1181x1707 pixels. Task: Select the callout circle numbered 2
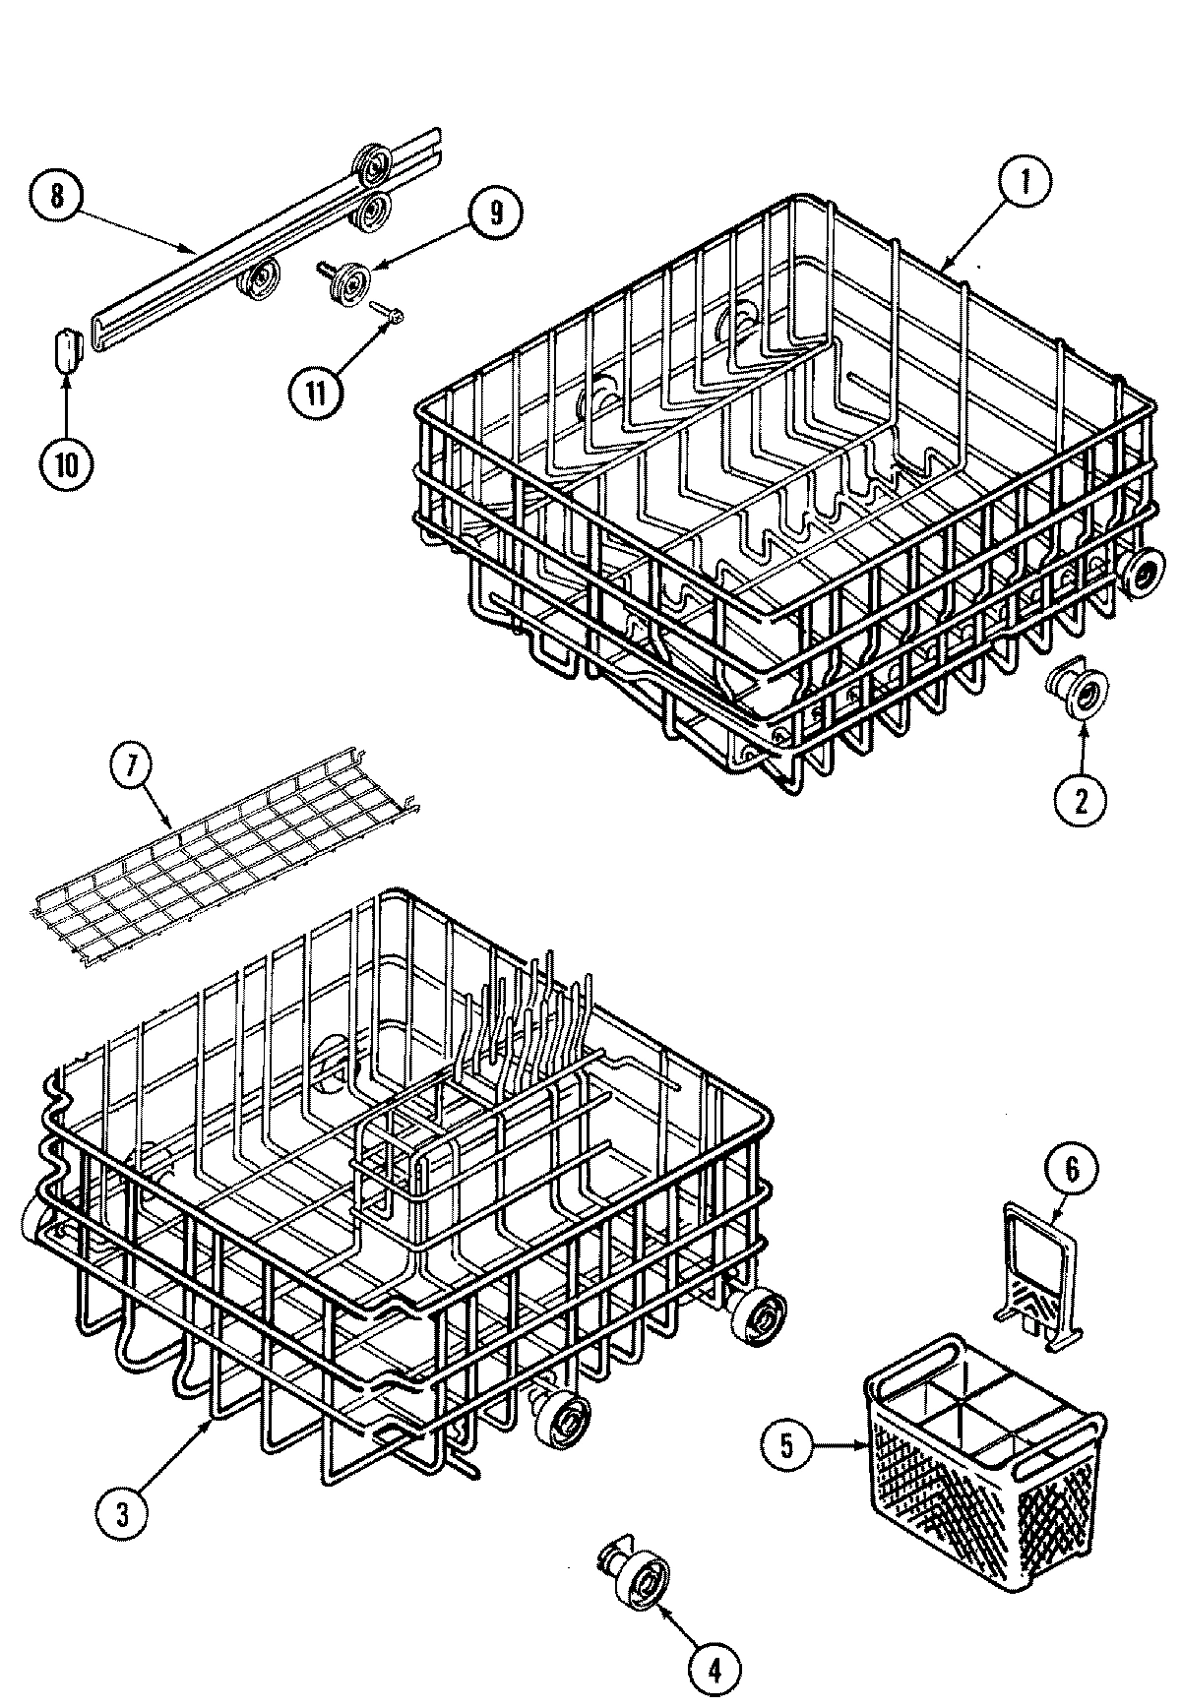[1080, 801]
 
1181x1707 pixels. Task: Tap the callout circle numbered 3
[122, 1514]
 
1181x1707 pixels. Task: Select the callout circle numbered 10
[66, 462]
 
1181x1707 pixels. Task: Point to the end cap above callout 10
[65, 352]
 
